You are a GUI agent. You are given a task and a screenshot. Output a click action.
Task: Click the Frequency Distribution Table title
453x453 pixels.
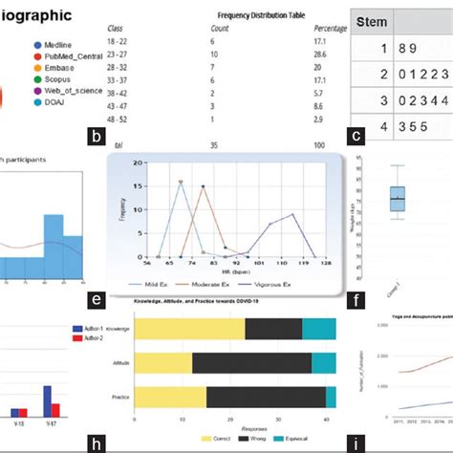[262, 14]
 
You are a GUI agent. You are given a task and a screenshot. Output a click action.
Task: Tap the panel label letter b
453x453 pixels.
[96, 137]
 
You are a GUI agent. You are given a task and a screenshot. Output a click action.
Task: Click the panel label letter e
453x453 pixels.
[96, 301]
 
